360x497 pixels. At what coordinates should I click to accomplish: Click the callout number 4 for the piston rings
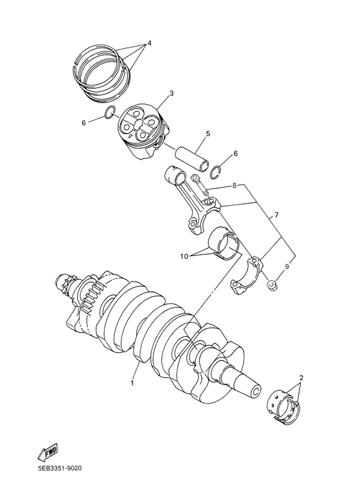(149, 44)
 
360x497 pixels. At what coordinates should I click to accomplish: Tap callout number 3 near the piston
(172, 93)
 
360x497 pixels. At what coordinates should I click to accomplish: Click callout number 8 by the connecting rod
(234, 185)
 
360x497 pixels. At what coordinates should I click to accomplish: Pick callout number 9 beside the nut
(286, 267)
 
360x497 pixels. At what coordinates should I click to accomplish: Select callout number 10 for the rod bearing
(184, 256)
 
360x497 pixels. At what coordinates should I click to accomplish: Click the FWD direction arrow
(48, 450)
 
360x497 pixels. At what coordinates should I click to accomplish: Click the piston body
(142, 131)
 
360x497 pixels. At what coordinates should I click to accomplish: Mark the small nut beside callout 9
(273, 284)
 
